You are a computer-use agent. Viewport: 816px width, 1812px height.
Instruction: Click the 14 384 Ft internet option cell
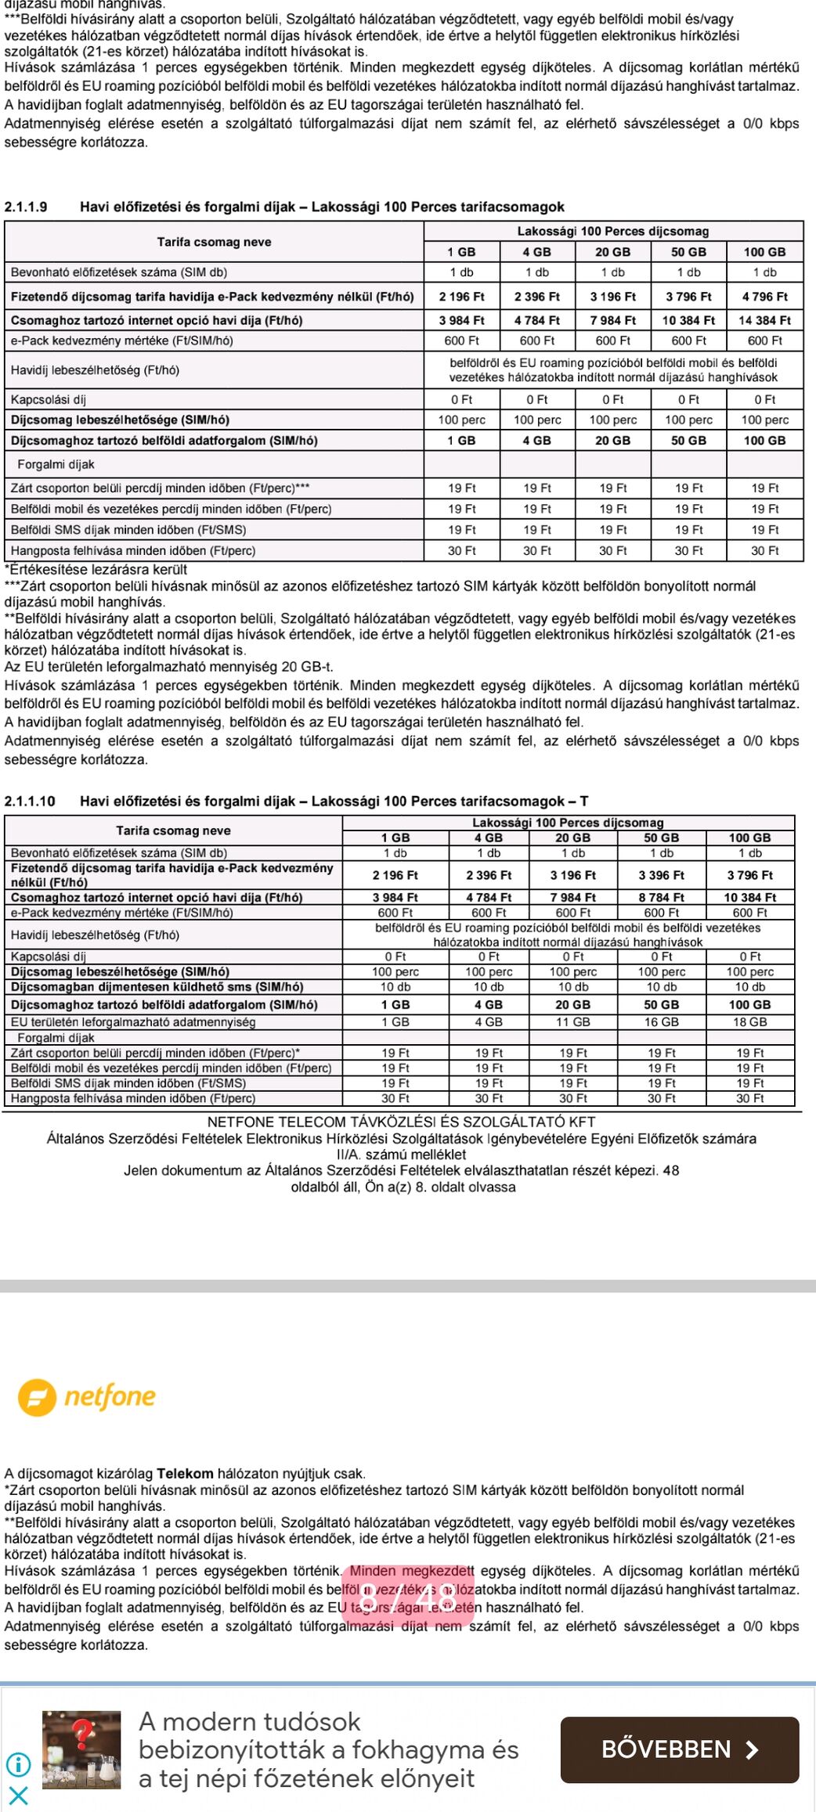click(764, 320)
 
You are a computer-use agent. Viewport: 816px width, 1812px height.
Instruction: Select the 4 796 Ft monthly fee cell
click(764, 297)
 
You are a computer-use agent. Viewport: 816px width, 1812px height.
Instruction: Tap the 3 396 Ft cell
click(661, 875)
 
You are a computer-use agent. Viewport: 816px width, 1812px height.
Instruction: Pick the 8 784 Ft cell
click(661, 898)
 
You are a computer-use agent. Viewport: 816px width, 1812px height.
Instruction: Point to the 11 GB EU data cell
click(572, 1022)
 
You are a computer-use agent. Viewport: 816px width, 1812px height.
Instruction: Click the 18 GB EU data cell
click(749, 1022)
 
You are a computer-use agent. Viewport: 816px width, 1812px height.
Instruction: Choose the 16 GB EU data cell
click(661, 1022)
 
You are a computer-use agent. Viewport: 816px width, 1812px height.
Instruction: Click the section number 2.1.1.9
click(26, 207)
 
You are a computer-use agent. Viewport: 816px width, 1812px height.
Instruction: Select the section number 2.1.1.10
click(30, 802)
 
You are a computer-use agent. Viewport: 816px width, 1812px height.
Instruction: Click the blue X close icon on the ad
click(19, 1795)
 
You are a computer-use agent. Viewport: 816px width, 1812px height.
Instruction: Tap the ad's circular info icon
click(18, 1764)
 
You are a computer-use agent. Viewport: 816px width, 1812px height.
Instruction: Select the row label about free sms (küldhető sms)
click(157, 987)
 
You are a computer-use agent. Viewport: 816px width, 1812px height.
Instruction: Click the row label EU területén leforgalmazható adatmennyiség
click(133, 1022)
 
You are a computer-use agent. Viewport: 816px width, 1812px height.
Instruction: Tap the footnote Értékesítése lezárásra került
click(96, 570)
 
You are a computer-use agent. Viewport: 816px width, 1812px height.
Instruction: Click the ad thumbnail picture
click(81, 1750)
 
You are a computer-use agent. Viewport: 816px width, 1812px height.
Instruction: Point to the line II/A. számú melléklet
click(401, 1155)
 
